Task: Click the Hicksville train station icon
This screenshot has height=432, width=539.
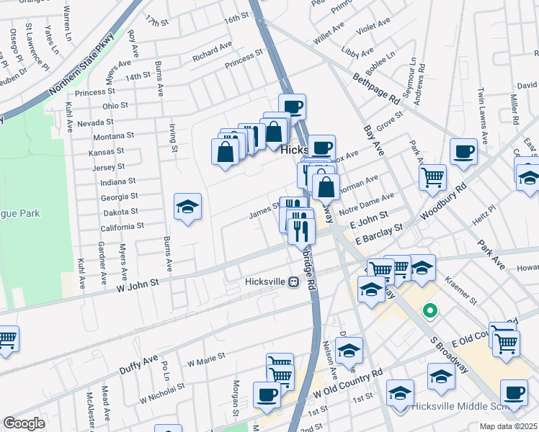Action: [294, 282]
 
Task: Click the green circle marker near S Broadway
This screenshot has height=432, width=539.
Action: [430, 312]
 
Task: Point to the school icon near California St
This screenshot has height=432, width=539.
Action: [187, 207]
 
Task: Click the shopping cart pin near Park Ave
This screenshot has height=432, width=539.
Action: [432, 176]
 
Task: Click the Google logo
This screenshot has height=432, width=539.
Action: [24, 423]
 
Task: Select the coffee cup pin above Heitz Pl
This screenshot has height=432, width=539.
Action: [463, 152]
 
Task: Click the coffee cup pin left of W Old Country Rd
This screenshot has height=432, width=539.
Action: [267, 395]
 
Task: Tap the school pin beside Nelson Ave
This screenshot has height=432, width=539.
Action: [349, 351]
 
